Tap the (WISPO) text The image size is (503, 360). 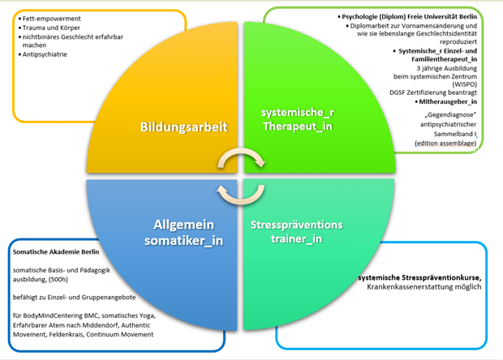tap(464, 84)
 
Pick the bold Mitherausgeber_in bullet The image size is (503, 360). tap(447, 102)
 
